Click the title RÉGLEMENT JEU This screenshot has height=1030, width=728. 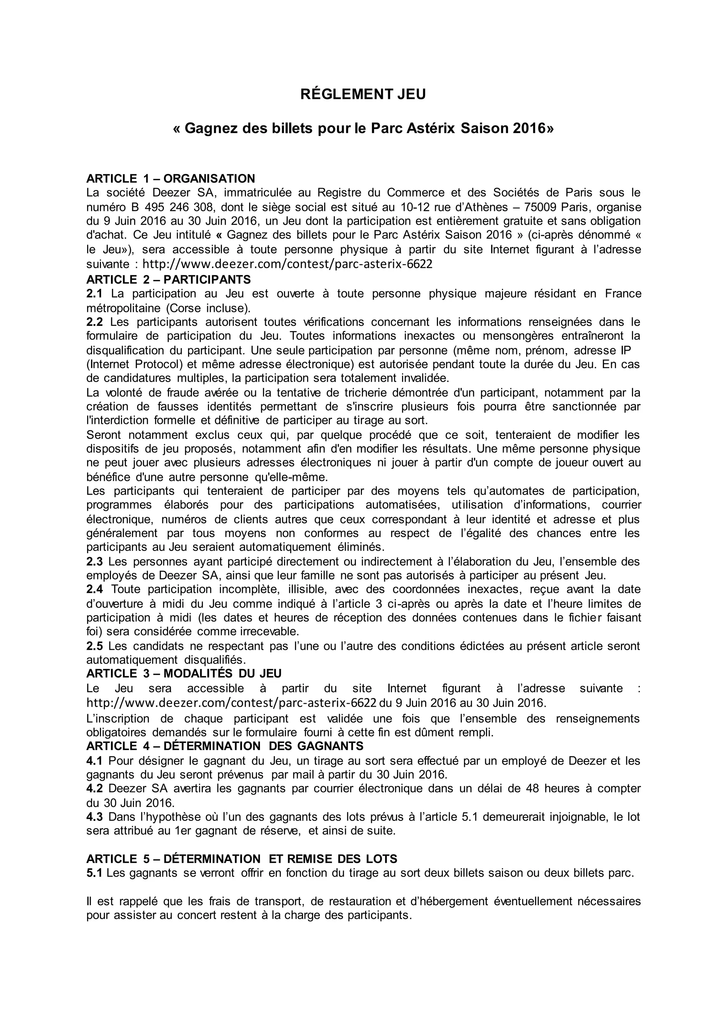coord(363,95)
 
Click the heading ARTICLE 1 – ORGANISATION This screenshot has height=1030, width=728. coord(170,179)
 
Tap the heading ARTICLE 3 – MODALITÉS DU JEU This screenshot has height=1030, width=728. coord(184,673)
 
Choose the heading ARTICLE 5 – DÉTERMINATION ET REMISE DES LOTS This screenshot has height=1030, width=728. coord(242,859)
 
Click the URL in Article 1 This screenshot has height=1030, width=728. coord(287,264)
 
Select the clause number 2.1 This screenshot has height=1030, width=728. coord(94,293)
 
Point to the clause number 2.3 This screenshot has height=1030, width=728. coord(94,561)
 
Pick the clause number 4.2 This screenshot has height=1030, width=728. coord(94,788)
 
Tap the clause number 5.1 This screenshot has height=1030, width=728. coord(94,873)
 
